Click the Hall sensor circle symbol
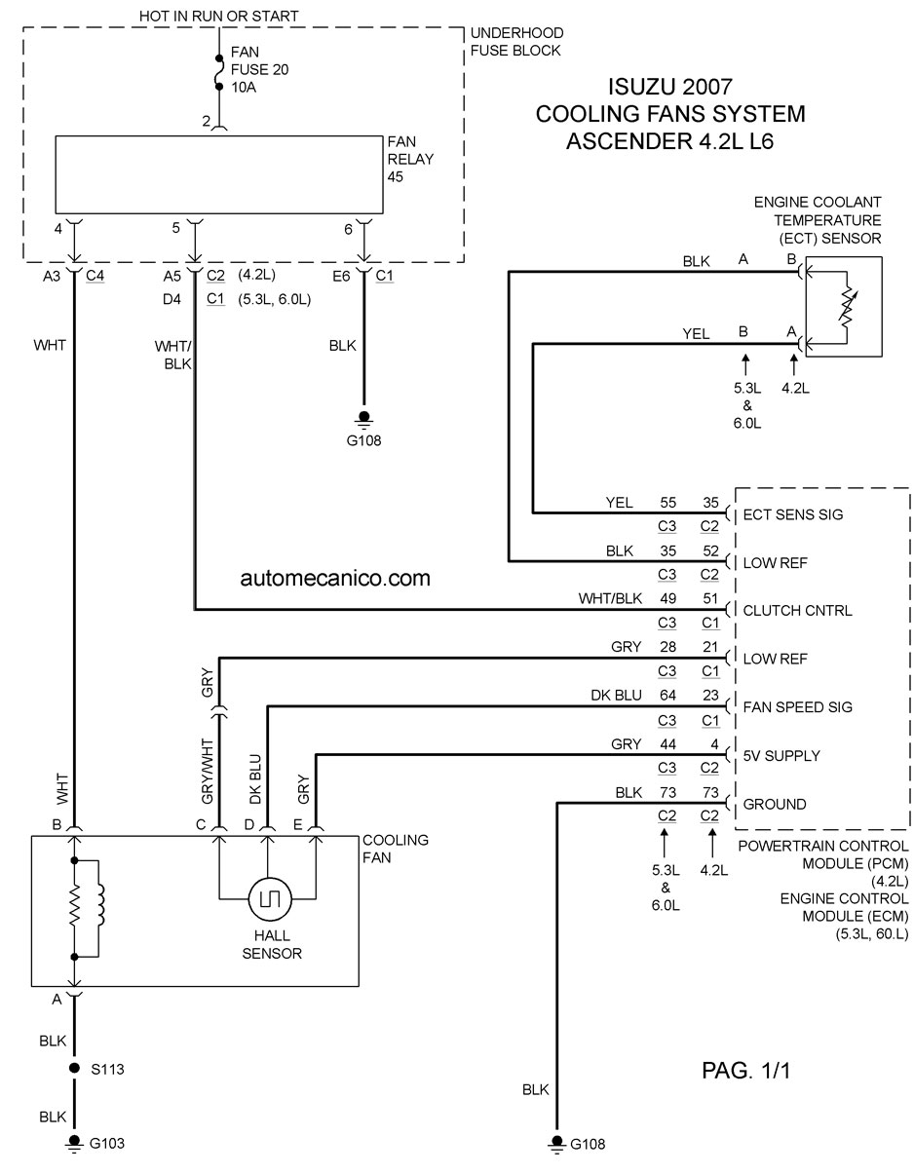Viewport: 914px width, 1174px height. tap(270, 898)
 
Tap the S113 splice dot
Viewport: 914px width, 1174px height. tap(75, 1068)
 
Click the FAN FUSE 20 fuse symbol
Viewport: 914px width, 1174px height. tap(219, 72)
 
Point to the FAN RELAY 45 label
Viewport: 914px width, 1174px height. tap(410, 159)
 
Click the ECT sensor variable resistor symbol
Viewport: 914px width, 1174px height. tap(848, 306)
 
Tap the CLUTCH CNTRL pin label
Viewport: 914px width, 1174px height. tap(797, 611)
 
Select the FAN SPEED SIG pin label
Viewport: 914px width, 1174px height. tap(797, 706)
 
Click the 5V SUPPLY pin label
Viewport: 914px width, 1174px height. tap(781, 755)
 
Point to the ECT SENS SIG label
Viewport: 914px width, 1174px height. tap(792, 514)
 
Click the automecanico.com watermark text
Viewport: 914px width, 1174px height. tap(335, 578)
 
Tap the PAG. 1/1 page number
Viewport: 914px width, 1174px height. tap(745, 1070)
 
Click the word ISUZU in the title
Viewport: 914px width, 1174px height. tap(642, 87)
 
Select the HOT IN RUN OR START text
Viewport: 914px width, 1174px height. tap(219, 17)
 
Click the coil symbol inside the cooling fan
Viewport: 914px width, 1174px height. tap(100, 904)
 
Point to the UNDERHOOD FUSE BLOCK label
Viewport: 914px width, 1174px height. tap(517, 42)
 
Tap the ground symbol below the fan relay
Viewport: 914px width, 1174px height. tap(364, 418)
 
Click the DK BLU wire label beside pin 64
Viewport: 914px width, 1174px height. tap(616, 695)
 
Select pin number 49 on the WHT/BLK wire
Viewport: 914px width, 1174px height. tap(667, 598)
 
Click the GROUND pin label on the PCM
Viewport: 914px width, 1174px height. tap(774, 804)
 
